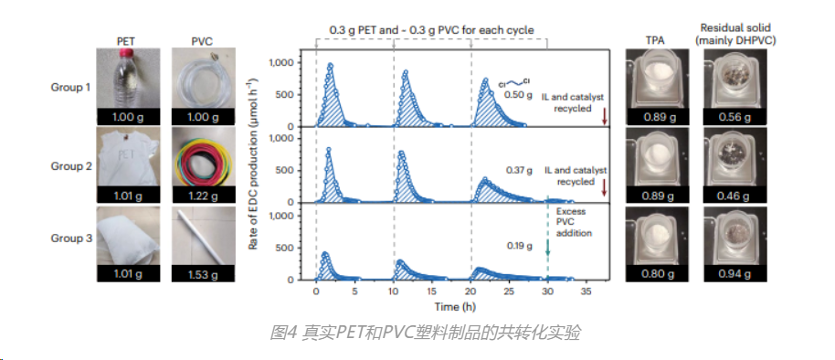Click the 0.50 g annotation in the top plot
click(x=518, y=94)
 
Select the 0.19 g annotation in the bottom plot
click(x=518, y=246)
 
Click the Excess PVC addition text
click(x=572, y=224)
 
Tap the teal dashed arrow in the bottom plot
click(x=548, y=242)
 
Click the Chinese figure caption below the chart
click(x=425, y=332)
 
